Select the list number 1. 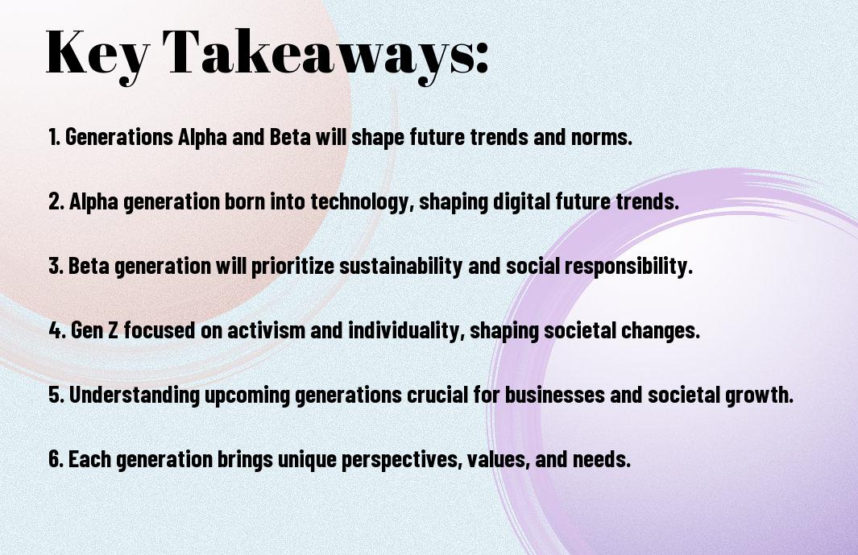pyautogui.click(x=53, y=137)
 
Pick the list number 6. pyautogui.click(x=56, y=458)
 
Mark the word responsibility pyautogui.click(x=628, y=266)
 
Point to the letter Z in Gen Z pyautogui.click(x=113, y=330)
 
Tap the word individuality pyautogui.click(x=406, y=330)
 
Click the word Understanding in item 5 pyautogui.click(x=134, y=396)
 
